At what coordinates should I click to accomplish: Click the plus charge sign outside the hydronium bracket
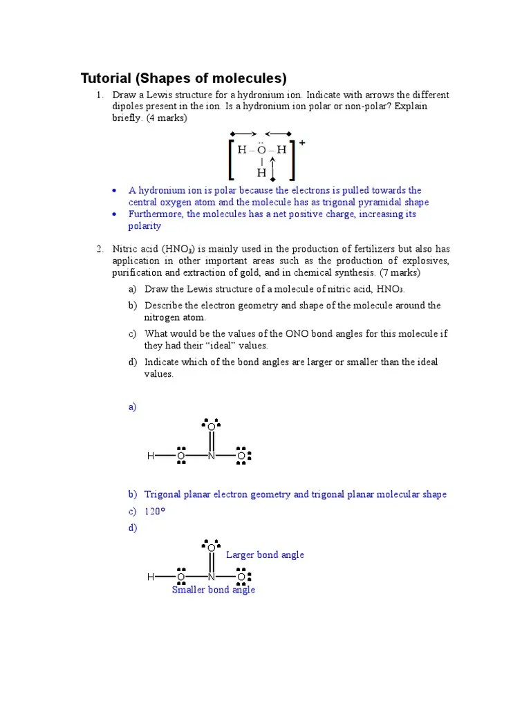tap(302, 142)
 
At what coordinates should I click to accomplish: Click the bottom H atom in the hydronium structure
tap(261, 172)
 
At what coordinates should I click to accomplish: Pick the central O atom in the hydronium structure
tap(261, 149)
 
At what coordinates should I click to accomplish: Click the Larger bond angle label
tap(265, 555)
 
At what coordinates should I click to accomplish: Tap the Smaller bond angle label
tap(213, 590)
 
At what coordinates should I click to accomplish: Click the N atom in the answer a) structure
tap(212, 456)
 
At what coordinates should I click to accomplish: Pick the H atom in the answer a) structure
tap(150, 456)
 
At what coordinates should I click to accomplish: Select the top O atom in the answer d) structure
tap(212, 548)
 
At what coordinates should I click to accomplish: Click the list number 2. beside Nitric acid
tap(100, 248)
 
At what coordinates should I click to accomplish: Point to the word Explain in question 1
tap(411, 106)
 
